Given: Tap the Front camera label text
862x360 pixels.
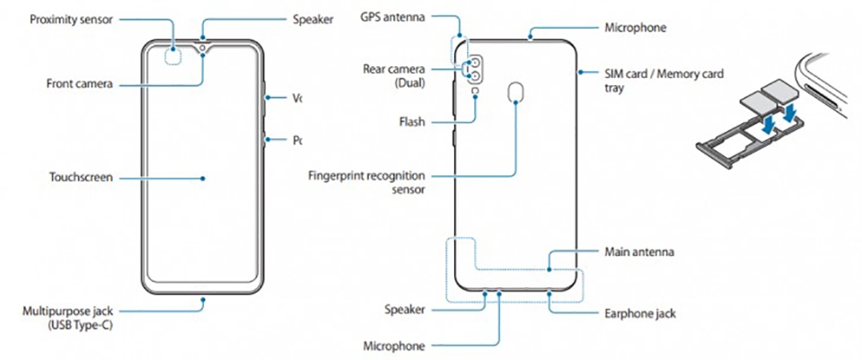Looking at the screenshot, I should pyautogui.click(x=80, y=83).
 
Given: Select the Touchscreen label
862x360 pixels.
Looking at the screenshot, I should pyautogui.click(x=81, y=178).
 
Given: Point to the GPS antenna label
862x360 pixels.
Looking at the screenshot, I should pyautogui.click(x=392, y=17).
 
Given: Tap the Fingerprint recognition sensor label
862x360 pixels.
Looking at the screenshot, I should pyautogui.click(x=366, y=182).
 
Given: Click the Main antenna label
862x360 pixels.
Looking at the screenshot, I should pyautogui.click(x=638, y=253).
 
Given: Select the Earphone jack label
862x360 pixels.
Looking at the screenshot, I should pyautogui.click(x=640, y=314).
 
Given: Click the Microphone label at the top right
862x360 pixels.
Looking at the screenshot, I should pyautogui.click(x=635, y=28).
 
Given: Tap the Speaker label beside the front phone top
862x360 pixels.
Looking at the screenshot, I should pyautogui.click(x=312, y=19).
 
